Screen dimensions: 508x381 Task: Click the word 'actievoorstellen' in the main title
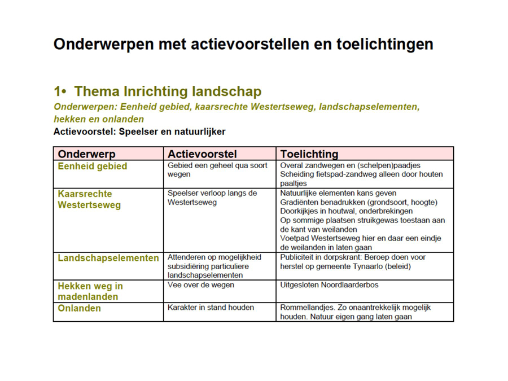[249, 44]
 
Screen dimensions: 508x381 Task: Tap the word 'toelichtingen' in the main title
[384, 45]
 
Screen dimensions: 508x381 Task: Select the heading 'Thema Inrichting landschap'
[168, 91]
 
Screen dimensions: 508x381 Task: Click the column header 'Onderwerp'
[86, 154]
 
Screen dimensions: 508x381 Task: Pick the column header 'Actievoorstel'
[202, 154]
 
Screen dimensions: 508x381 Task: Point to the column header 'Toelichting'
[309, 154]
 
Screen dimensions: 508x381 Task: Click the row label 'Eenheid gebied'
[93, 166]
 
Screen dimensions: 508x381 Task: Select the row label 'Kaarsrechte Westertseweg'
[89, 199]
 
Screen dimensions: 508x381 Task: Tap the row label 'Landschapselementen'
[108, 258]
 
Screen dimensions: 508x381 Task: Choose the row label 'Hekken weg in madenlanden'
[90, 291]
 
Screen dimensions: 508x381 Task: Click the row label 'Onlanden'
[79, 308]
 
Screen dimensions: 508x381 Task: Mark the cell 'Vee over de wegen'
[200, 285]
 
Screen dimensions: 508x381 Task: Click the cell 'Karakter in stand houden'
[211, 308]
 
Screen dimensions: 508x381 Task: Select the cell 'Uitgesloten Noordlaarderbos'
[329, 285]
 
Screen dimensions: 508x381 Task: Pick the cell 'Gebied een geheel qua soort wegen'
[217, 170]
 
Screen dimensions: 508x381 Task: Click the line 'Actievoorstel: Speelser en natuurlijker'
[139, 132]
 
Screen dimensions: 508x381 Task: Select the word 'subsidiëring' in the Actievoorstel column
[187, 266]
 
